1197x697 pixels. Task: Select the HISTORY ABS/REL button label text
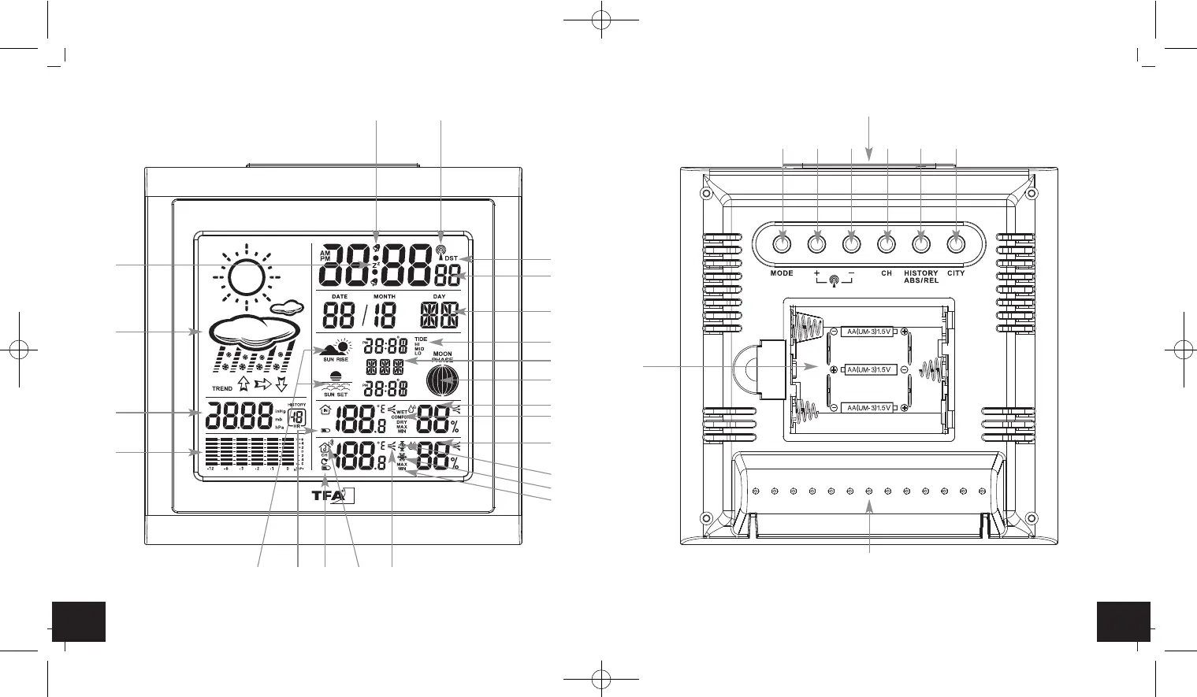921,276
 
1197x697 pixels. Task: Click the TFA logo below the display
340,496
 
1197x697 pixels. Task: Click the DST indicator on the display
451,258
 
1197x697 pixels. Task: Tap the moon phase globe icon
443,381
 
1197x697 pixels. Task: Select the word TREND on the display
222,388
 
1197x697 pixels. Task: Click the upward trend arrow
243,384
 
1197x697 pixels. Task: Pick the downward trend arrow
281,384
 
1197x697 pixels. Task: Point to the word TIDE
421,339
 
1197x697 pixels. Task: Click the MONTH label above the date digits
385,297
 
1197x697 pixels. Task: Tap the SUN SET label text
336,395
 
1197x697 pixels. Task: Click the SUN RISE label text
336,359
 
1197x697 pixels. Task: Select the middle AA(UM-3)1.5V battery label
868,369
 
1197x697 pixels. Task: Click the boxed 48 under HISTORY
297,417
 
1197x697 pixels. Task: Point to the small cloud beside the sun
287,306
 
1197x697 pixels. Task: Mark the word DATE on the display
340,297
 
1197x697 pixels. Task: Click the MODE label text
782,273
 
